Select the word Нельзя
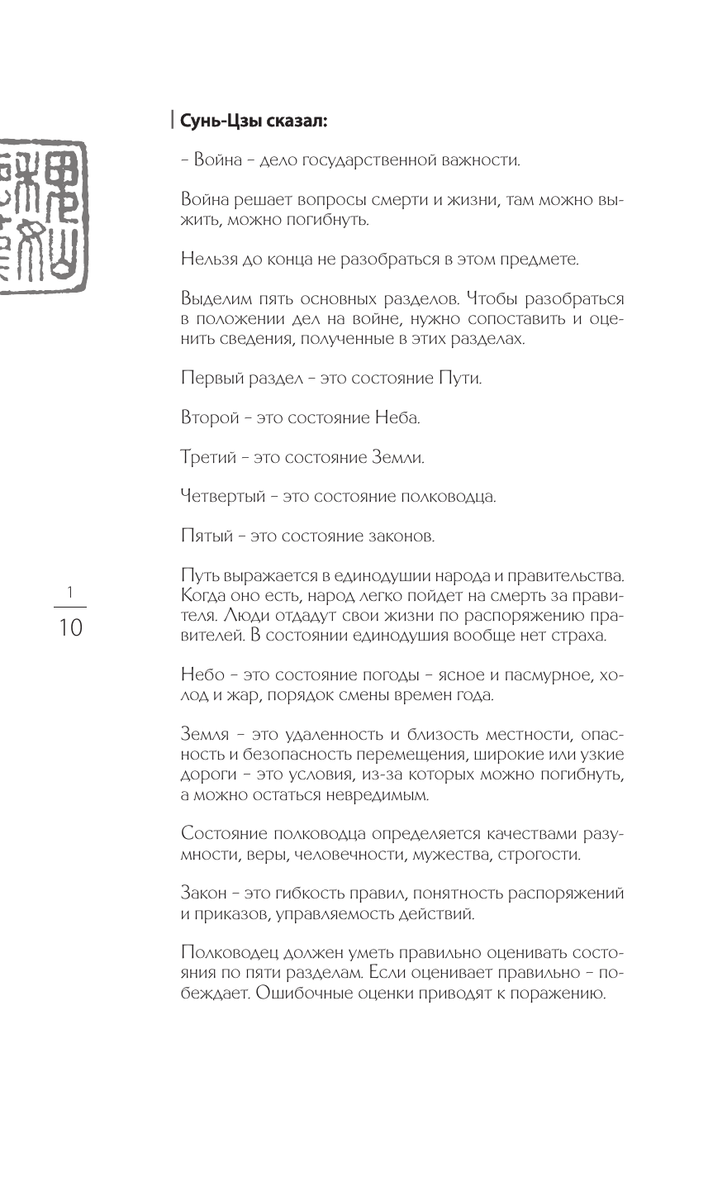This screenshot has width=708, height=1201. tap(203, 259)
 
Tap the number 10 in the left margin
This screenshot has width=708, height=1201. tap(69, 627)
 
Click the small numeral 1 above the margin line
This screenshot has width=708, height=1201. tap(70, 592)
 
